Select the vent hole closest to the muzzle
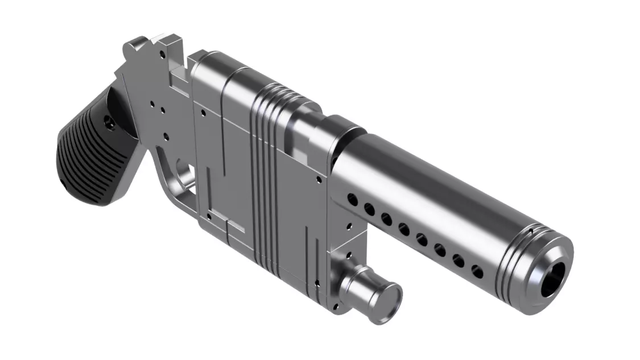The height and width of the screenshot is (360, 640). click(x=477, y=272)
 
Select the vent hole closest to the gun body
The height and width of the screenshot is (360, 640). click(x=352, y=200)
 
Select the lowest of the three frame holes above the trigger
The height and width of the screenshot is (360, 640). click(x=166, y=136)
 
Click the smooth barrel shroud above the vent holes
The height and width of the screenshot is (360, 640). click(x=432, y=188)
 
